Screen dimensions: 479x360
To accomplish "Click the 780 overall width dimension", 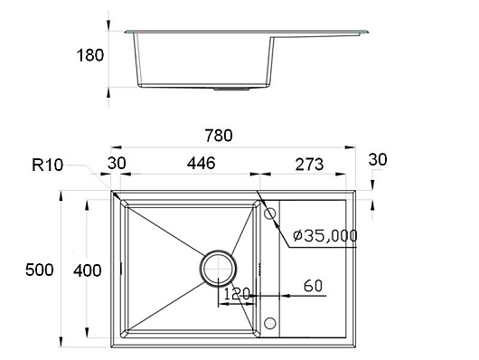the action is [x=219, y=136].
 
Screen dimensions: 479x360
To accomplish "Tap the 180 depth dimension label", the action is [x=90, y=56].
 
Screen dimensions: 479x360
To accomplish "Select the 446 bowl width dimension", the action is [x=202, y=163].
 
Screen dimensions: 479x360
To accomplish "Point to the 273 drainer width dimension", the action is [x=309, y=165].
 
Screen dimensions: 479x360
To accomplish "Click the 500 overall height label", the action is [x=40, y=270].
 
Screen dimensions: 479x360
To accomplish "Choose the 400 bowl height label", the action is [x=88, y=270].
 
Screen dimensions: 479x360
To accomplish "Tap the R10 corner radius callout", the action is [x=47, y=166].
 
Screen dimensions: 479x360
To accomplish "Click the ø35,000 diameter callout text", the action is [x=325, y=235].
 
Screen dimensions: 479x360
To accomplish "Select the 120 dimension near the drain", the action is [x=237, y=294].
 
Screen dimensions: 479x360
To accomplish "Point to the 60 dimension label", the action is [x=313, y=286].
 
